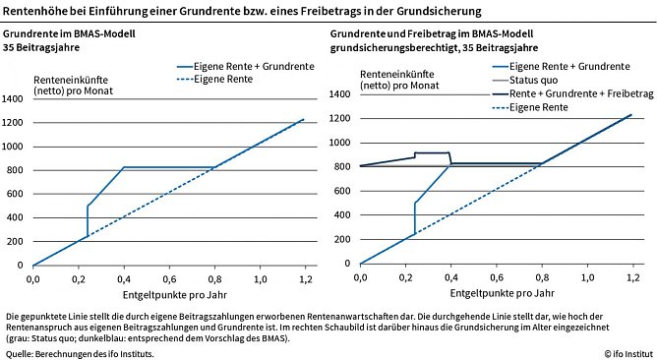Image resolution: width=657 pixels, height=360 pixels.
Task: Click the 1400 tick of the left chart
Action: tap(14, 99)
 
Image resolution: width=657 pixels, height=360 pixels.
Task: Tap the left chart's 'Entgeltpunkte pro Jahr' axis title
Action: tap(169, 293)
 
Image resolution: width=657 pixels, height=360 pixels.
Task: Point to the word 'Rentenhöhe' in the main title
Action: tap(34, 12)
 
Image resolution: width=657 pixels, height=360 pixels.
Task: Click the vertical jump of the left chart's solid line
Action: tap(88, 220)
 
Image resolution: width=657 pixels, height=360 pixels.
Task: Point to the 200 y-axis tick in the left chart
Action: tap(17, 242)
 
